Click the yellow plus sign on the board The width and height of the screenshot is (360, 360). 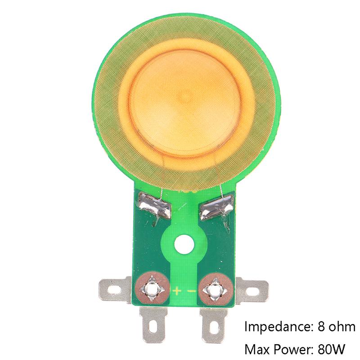177,291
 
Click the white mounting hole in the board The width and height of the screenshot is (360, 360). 184,244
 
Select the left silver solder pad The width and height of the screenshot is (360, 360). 154,205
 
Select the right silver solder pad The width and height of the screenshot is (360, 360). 216,207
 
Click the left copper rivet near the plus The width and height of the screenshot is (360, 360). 152,289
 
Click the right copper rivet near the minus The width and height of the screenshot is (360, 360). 216,289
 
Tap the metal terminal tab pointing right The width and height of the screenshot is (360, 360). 252,290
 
